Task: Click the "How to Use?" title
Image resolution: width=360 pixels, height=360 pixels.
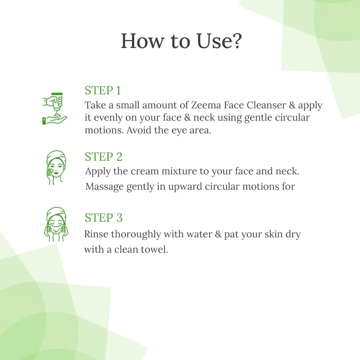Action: click(x=181, y=41)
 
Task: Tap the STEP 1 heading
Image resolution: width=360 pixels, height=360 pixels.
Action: click(x=103, y=91)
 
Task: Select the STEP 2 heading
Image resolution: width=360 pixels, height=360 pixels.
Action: click(x=103, y=157)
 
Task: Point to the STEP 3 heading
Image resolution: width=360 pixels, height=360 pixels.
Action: click(x=103, y=218)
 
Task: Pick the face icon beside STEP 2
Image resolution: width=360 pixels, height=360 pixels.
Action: click(x=56, y=168)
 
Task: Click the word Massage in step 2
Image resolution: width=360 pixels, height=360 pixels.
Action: click(x=104, y=186)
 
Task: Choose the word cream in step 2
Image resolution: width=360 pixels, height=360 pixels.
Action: click(x=145, y=171)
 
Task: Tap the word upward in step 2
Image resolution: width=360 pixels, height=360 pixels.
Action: click(x=185, y=187)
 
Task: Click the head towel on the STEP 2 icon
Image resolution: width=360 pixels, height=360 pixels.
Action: click(x=56, y=156)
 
